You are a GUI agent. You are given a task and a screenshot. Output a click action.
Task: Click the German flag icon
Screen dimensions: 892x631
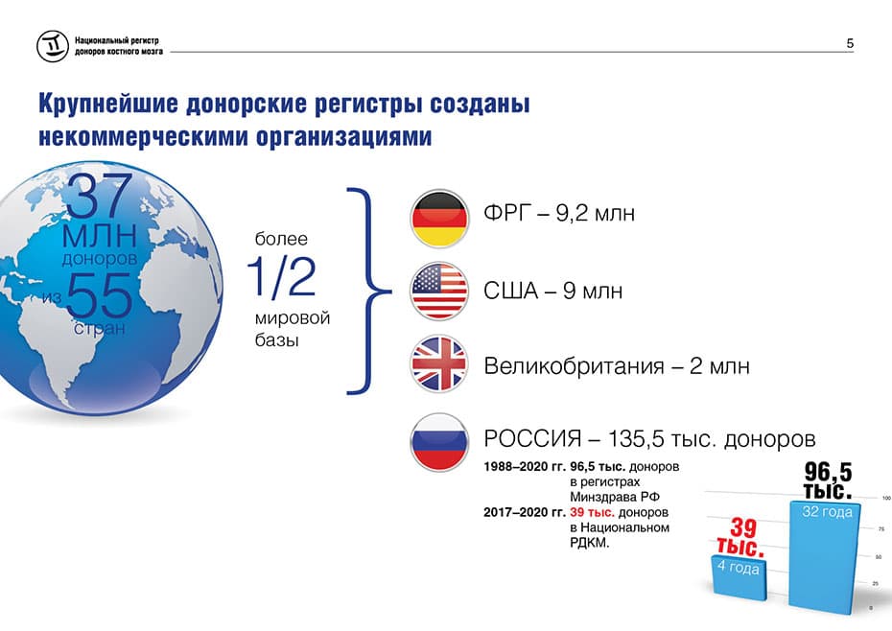tap(438, 219)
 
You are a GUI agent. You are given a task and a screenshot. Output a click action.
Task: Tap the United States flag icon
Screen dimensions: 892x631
tap(438, 291)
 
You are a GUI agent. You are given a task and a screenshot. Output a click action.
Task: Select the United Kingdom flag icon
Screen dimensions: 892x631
tap(438, 363)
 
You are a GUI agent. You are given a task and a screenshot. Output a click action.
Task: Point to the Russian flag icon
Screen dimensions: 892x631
tap(438, 441)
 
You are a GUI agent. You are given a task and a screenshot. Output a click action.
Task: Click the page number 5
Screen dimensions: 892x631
tap(850, 43)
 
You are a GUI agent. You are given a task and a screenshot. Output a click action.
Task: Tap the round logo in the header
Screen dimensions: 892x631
tap(53, 45)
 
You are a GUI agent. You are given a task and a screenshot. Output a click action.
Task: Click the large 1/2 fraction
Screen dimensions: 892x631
tap(282, 276)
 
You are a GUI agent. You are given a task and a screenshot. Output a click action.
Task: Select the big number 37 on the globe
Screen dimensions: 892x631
tap(101, 196)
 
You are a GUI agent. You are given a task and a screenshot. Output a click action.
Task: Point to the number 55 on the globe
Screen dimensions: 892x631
tap(100, 294)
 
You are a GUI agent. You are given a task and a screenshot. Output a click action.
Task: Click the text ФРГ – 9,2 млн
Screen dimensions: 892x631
tap(558, 213)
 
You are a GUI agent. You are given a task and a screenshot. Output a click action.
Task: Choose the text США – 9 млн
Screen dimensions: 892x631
tap(553, 291)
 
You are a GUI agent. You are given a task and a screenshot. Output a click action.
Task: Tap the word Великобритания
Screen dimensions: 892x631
tap(574, 366)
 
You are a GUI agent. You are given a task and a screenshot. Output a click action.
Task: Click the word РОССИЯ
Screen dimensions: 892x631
tap(532, 438)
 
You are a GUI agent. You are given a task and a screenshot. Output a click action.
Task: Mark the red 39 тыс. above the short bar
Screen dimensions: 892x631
tap(741, 537)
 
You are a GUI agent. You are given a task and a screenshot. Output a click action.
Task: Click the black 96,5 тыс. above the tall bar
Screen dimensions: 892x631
tap(828, 480)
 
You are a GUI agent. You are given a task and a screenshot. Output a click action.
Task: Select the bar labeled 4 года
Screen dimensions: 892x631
tap(739, 577)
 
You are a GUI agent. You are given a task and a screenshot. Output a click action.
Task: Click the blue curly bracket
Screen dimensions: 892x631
tap(368, 291)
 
